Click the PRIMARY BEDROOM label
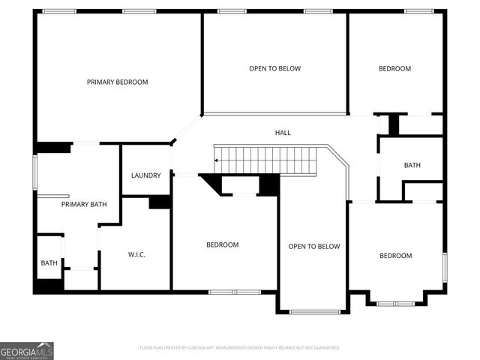pos(117,82)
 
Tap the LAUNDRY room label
pos(145,175)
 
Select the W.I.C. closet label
pos(136,255)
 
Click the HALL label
pos(283,133)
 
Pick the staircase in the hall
pos(270,160)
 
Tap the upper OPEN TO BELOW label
pos(274,68)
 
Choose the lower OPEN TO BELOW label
pos(314,246)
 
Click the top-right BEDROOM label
pos(394,68)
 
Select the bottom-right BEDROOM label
pos(395,256)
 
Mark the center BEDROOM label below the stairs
pos(223,244)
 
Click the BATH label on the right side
pos(412,165)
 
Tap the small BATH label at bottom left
pos(49,262)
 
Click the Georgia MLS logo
pos(27,350)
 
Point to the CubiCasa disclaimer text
pos(240,348)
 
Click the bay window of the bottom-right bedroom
pos(395,303)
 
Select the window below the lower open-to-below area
pos(314,311)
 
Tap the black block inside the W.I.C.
pos(160,202)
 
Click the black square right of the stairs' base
pos(268,184)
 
